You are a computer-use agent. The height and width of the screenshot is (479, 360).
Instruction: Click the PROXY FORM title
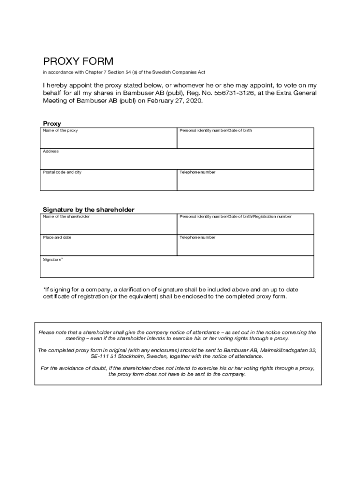click(78, 61)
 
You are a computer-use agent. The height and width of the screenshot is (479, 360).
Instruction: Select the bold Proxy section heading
click(52, 123)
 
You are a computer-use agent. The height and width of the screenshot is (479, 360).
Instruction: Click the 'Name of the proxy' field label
click(60, 131)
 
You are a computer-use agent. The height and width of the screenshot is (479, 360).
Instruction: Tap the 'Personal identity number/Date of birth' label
click(216, 131)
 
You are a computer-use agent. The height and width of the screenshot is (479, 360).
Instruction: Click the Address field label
click(50, 152)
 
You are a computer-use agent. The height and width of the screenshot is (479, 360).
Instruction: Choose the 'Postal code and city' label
click(62, 172)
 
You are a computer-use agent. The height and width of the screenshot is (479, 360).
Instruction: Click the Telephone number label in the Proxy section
click(197, 172)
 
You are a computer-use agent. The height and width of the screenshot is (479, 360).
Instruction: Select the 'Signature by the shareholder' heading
click(88, 210)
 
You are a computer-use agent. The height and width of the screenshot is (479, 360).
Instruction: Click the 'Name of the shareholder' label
click(66, 217)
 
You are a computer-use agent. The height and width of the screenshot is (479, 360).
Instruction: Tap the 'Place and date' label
click(57, 237)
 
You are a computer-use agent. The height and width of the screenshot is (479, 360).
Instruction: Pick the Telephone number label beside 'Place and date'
click(197, 237)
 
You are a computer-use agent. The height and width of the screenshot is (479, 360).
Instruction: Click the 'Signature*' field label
click(52, 259)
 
